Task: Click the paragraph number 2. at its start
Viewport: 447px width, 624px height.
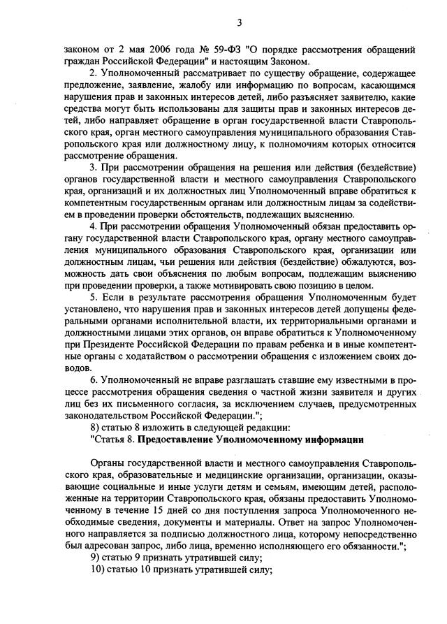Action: (x=94, y=74)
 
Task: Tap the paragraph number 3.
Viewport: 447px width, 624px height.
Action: (x=94, y=168)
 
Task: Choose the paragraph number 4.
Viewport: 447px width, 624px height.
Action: (x=94, y=228)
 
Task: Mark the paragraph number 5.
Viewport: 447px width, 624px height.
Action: (x=94, y=298)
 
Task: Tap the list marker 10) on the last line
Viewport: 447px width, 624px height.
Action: (x=99, y=569)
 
